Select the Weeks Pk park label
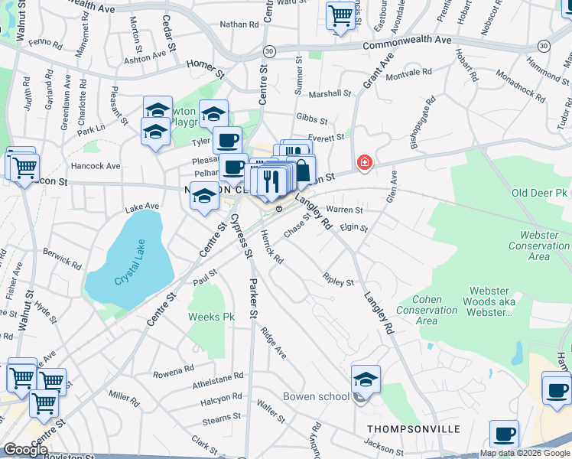point(211,317)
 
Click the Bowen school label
point(316,396)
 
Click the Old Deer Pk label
point(541,194)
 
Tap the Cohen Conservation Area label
point(434,310)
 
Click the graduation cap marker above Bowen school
point(366,379)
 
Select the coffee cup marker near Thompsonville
point(504,435)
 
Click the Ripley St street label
point(338,280)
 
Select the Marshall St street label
point(330,94)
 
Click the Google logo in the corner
point(24,450)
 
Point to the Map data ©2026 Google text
point(525,453)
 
